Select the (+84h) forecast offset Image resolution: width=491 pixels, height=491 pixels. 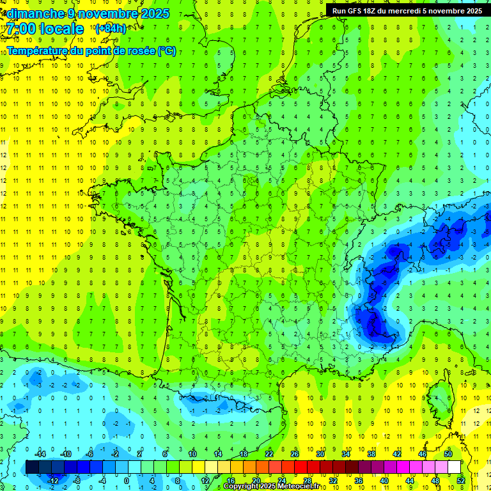pos(110,28)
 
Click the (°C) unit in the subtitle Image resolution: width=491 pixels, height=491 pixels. pos(166,51)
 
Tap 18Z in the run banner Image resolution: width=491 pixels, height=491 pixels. pos(370,11)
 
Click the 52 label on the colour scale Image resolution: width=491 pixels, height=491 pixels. pos(461,480)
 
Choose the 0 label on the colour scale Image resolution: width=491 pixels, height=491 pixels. pos(126,480)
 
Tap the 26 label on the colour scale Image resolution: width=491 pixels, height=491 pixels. pos(295,454)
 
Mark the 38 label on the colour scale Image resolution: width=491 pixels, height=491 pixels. pos(371,454)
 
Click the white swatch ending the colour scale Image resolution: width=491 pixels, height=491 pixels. pos(454,467)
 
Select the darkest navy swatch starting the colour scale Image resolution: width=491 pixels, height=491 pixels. pos(32,467)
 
